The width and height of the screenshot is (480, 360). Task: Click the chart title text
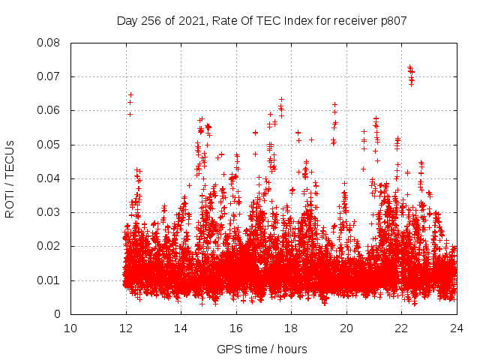262,21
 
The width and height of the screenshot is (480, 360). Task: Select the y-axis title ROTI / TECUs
10,178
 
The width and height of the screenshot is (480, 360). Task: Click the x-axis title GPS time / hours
262,349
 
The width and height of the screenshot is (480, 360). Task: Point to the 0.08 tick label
49,43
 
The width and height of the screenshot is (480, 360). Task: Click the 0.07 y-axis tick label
49,76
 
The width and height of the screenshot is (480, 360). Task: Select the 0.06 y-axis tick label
49,110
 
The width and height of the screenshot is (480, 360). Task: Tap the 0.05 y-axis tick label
49,145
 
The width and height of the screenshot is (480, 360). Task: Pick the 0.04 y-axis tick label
49,178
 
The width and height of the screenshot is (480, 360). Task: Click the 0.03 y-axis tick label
49,212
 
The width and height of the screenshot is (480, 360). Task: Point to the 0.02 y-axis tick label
49,246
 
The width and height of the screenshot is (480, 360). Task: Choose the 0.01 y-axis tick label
49,280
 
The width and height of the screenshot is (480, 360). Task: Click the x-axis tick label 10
70,328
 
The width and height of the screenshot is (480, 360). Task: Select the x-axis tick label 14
181,328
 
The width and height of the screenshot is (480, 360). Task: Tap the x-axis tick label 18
291,328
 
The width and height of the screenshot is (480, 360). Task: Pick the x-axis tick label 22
401,328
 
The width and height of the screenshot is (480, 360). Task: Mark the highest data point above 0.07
409,67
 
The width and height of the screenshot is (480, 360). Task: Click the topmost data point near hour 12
130,95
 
